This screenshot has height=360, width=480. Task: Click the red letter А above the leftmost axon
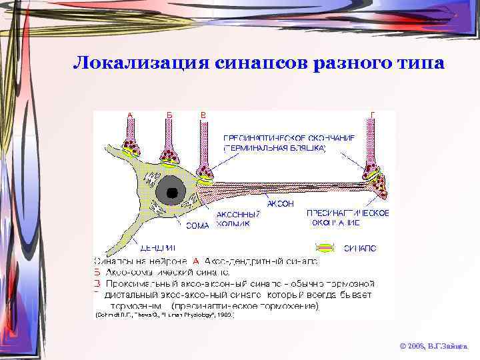(x=130, y=115)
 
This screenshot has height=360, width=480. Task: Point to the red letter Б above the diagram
(x=170, y=115)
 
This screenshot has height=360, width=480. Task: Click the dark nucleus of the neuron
(x=172, y=192)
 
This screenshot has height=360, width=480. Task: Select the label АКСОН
(x=280, y=203)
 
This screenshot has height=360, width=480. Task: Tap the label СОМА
(x=197, y=225)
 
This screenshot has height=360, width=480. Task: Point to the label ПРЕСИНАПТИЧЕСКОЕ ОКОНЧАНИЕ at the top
(x=288, y=137)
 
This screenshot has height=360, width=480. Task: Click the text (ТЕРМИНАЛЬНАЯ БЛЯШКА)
(x=275, y=147)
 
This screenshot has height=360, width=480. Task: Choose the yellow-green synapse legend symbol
(x=325, y=247)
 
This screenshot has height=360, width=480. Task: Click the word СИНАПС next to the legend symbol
(x=360, y=248)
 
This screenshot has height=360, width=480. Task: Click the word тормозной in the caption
(x=352, y=283)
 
